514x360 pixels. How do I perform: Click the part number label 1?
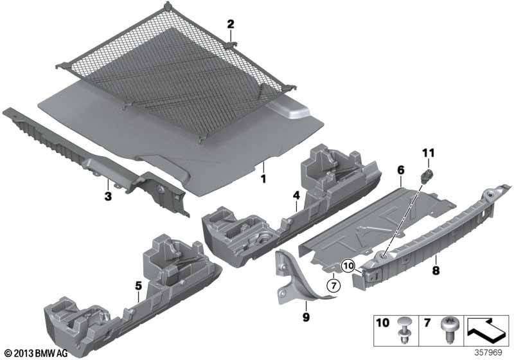(263, 179)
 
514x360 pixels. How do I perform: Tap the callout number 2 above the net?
(231, 24)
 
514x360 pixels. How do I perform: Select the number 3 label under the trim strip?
(108, 197)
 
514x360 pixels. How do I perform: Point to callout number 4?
(296, 195)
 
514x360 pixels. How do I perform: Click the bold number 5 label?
(139, 286)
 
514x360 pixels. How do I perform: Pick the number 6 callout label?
(400, 170)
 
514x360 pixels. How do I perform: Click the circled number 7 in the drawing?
(333, 286)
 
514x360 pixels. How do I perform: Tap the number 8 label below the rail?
(436, 271)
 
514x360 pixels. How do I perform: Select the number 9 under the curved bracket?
(306, 317)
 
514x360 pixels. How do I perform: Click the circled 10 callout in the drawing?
(348, 266)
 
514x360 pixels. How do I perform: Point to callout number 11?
(428, 153)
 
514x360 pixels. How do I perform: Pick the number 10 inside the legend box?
(383, 323)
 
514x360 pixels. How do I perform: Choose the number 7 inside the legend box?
(427, 323)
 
